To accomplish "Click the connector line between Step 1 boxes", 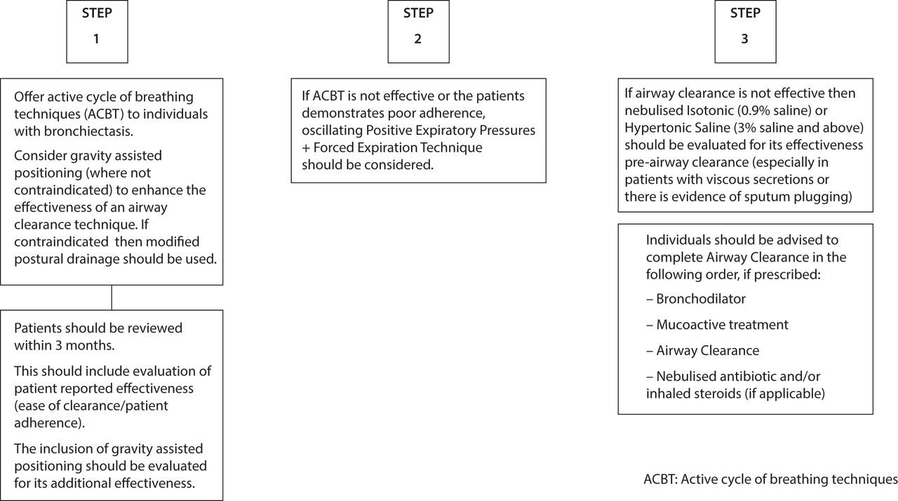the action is pyautogui.click(x=112, y=298).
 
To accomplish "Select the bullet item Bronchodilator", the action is pyautogui.click(x=696, y=299).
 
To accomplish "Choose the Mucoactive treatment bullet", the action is pyautogui.click(x=717, y=325).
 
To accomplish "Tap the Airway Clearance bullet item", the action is pyautogui.click(x=703, y=351).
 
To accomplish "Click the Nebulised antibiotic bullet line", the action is pyautogui.click(x=733, y=376).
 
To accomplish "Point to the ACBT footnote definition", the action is pyautogui.click(x=770, y=479).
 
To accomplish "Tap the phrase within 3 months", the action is pyautogui.click(x=64, y=345).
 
